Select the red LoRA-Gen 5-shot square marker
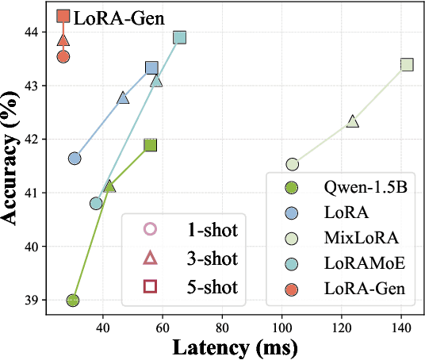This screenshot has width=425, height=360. point(63,16)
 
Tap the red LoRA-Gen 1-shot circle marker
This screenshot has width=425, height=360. point(63,56)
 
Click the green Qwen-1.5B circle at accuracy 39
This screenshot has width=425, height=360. point(73,300)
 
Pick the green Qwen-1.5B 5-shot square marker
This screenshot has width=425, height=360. point(150,144)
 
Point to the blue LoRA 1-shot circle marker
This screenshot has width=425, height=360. point(75,159)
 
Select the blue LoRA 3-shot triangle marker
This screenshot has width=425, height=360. point(123,98)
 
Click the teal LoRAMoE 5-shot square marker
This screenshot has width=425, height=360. point(180,37)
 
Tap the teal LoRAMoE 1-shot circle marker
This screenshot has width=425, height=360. point(96,203)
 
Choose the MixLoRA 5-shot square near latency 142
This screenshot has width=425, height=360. point(407,64)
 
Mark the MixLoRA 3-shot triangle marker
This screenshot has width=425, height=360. point(353,121)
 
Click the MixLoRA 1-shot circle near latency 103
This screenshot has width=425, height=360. point(293,164)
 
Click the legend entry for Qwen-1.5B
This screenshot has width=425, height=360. point(353,189)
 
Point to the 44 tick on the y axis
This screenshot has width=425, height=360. point(35,32)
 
